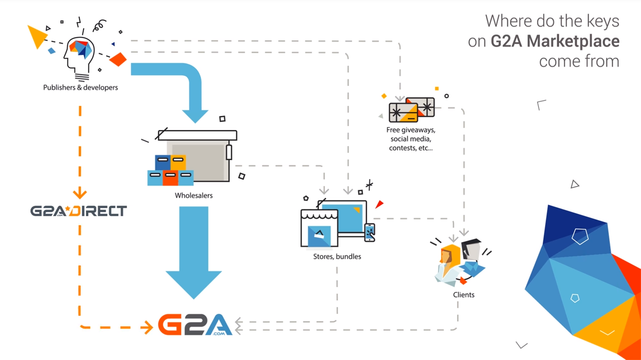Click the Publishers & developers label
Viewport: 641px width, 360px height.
(x=80, y=87)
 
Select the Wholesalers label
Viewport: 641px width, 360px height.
(x=194, y=196)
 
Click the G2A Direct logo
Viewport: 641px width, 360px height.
(x=78, y=211)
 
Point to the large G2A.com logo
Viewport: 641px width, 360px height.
(x=195, y=324)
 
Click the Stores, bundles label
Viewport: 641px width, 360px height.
(x=337, y=257)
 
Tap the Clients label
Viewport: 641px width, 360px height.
(x=464, y=295)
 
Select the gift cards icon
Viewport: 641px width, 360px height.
(x=411, y=110)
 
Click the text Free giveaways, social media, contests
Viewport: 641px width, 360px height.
(x=410, y=139)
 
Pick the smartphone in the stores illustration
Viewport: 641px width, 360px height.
(x=369, y=232)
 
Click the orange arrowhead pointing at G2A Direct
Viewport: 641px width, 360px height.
(x=80, y=193)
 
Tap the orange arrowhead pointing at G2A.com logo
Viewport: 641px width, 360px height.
(x=147, y=327)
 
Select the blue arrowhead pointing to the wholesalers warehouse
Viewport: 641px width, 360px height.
(x=195, y=116)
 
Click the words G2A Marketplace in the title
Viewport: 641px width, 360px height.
(x=555, y=41)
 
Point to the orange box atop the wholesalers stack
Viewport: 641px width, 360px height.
(x=178, y=163)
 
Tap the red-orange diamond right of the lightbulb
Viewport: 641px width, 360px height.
(x=118, y=59)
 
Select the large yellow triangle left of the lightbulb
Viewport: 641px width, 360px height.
(x=37, y=37)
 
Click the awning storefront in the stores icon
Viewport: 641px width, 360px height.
(x=319, y=228)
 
